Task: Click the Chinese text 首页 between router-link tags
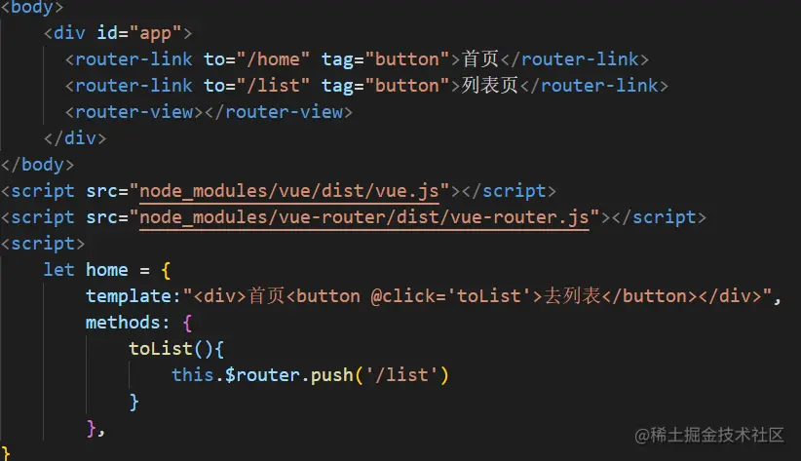tap(479, 58)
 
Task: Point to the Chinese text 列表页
tap(489, 86)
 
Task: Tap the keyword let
tap(58, 270)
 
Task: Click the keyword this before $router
tap(193, 375)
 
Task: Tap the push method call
tap(332, 375)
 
